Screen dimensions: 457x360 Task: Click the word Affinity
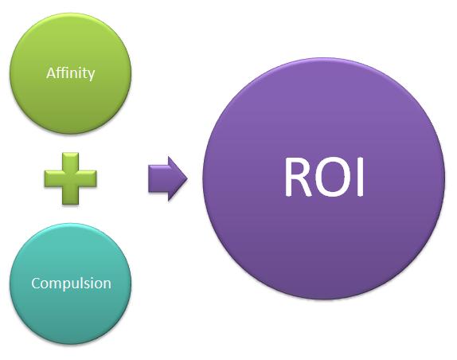pyautogui.click(x=71, y=73)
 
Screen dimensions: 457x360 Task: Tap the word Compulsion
pyautogui.click(x=71, y=284)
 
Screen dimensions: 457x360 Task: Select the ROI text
pyautogui.click(x=324, y=177)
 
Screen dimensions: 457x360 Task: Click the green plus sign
pyautogui.click(x=71, y=178)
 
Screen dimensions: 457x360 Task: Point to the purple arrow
pyautogui.click(x=167, y=178)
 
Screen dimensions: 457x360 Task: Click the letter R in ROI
pyautogui.click(x=299, y=177)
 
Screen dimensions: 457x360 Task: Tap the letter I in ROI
pyautogui.click(x=361, y=177)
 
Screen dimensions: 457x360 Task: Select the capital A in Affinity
pyautogui.click(x=51, y=72)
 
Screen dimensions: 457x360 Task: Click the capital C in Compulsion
pyautogui.click(x=36, y=283)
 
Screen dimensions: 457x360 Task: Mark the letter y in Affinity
pyautogui.click(x=91, y=75)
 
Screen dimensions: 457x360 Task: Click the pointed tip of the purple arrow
pyautogui.click(x=187, y=178)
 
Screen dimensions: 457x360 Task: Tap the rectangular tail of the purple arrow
pyautogui.click(x=158, y=178)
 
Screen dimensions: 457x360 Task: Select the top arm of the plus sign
pyautogui.click(x=71, y=161)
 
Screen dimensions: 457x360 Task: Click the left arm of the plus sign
pyautogui.click(x=53, y=178)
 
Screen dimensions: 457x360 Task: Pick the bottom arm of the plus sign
pyautogui.click(x=71, y=196)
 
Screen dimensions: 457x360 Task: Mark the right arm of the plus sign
pyautogui.click(x=88, y=178)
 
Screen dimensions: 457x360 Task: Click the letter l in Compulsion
pyautogui.click(x=85, y=283)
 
